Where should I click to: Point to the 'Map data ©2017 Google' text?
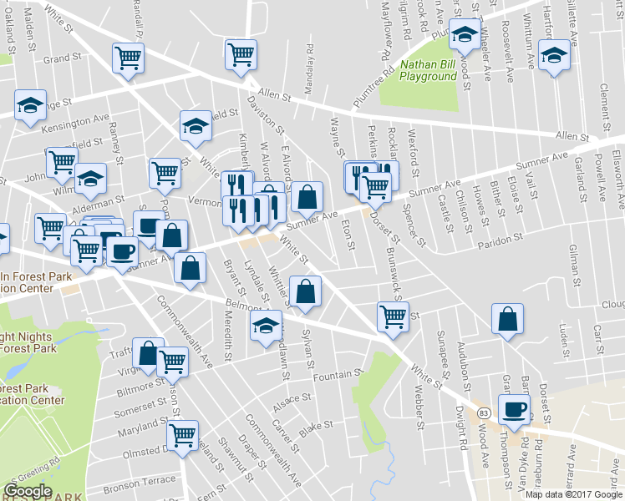click(x=574, y=494)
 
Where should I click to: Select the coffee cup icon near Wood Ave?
click(x=514, y=409)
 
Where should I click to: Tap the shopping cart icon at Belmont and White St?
click(x=393, y=316)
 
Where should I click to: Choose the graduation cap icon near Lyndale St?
click(x=266, y=325)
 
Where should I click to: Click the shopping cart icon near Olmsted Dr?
click(x=181, y=435)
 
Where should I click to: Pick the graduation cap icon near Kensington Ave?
click(x=30, y=106)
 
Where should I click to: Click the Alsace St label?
click(x=291, y=406)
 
